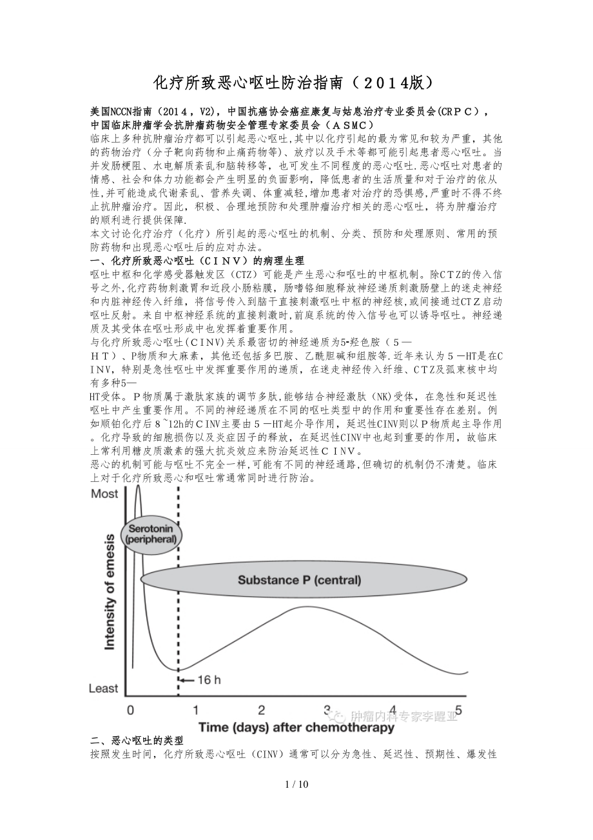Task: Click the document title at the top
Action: tap(296, 83)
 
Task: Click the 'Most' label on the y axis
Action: tap(104, 494)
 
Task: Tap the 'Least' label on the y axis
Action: tap(104, 688)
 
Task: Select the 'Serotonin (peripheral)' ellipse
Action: tap(152, 533)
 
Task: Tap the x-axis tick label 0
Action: tap(131, 710)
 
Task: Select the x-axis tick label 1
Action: tap(195, 710)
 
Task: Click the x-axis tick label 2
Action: tap(261, 710)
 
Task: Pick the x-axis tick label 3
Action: tap(327, 710)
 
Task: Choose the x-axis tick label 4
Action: tap(393, 710)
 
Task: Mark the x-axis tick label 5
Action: tap(459, 710)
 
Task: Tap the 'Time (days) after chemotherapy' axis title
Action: tap(296, 728)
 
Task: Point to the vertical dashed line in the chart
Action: tap(178, 613)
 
